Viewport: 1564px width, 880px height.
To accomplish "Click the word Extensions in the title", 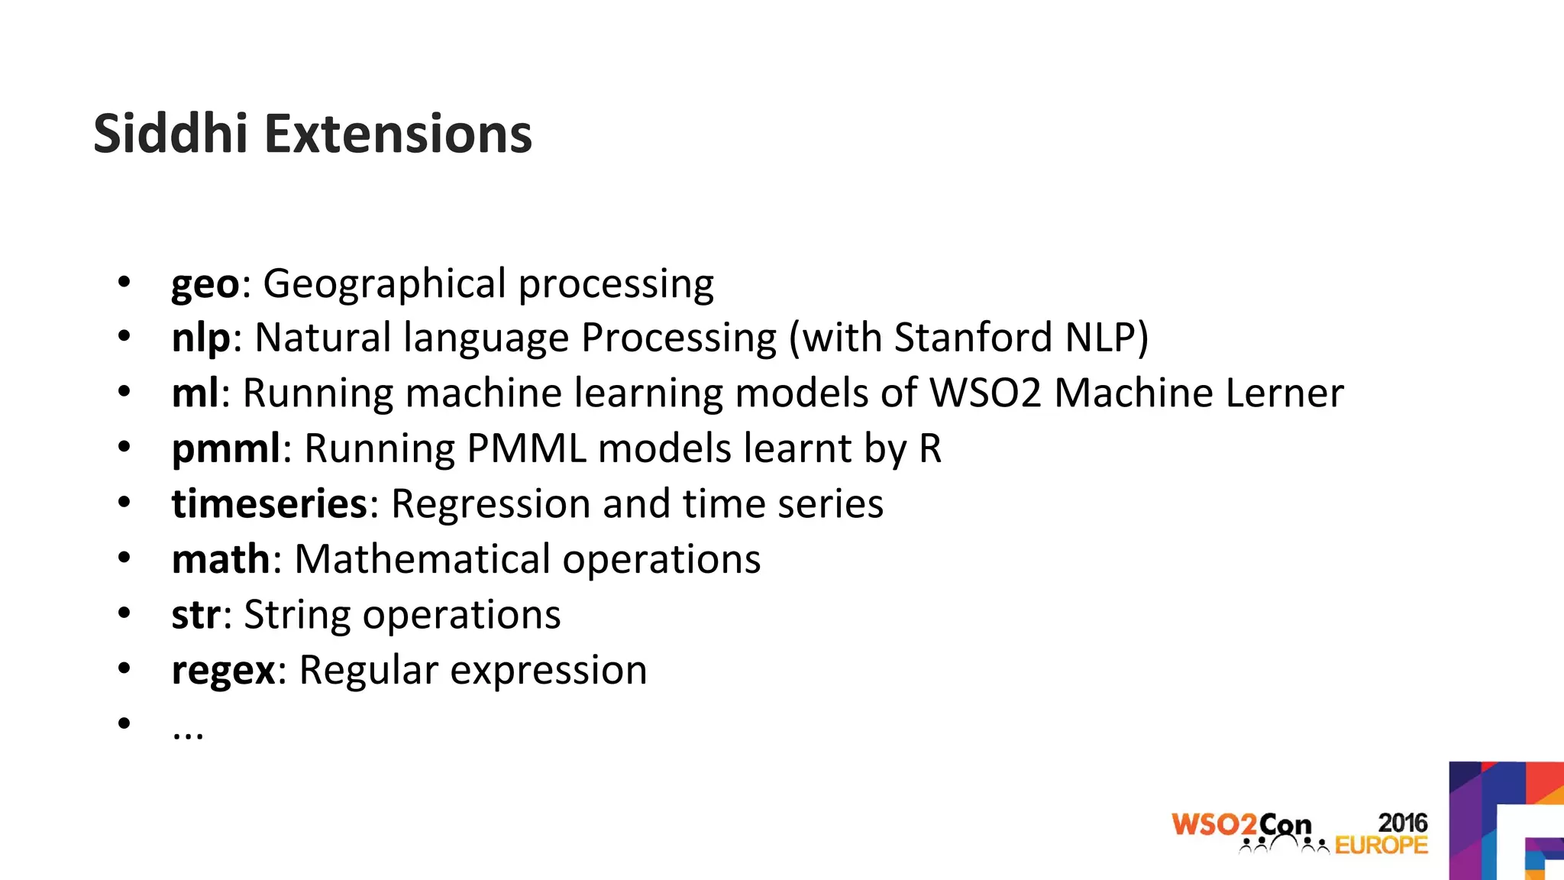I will pos(398,134).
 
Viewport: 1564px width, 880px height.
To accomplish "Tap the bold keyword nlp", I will pos(201,339).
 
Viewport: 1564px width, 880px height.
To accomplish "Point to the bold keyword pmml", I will pos(226,450).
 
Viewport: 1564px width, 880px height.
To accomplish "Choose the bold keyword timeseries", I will pos(270,504).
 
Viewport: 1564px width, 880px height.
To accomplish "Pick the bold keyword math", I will pos(221,559).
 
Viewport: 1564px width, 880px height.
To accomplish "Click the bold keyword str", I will pos(196,615).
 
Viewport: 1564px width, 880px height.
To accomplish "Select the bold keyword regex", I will pos(223,671).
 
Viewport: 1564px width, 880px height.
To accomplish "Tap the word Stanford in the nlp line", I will pos(973,338).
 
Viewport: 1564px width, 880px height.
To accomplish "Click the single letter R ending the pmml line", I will pos(930,448).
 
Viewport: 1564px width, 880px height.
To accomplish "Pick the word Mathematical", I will pos(422,559).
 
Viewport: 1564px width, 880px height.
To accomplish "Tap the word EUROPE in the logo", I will pos(1381,845).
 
